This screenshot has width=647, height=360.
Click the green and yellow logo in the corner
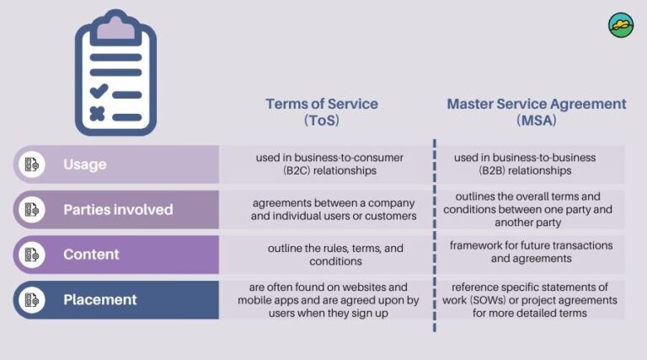pyautogui.click(x=621, y=25)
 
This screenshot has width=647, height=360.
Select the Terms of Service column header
pyautogui.click(x=322, y=105)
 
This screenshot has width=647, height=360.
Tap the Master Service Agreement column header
pyautogui.click(x=537, y=105)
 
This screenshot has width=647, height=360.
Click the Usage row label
pyautogui.click(x=85, y=164)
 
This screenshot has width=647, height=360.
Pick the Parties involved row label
pyautogui.click(x=118, y=209)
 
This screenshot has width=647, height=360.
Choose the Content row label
pyautogui.click(x=91, y=254)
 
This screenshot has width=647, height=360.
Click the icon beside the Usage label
pyautogui.click(x=32, y=164)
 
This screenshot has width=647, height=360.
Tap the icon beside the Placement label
pyautogui.click(x=32, y=299)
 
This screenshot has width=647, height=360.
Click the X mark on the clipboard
pyautogui.click(x=98, y=114)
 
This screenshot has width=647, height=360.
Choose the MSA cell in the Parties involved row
pyautogui.click(x=531, y=209)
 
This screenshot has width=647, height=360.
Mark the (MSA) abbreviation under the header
pyautogui.click(x=537, y=121)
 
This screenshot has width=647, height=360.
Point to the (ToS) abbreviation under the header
pyautogui.click(x=322, y=121)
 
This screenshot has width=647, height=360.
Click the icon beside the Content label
pyautogui.click(x=32, y=254)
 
